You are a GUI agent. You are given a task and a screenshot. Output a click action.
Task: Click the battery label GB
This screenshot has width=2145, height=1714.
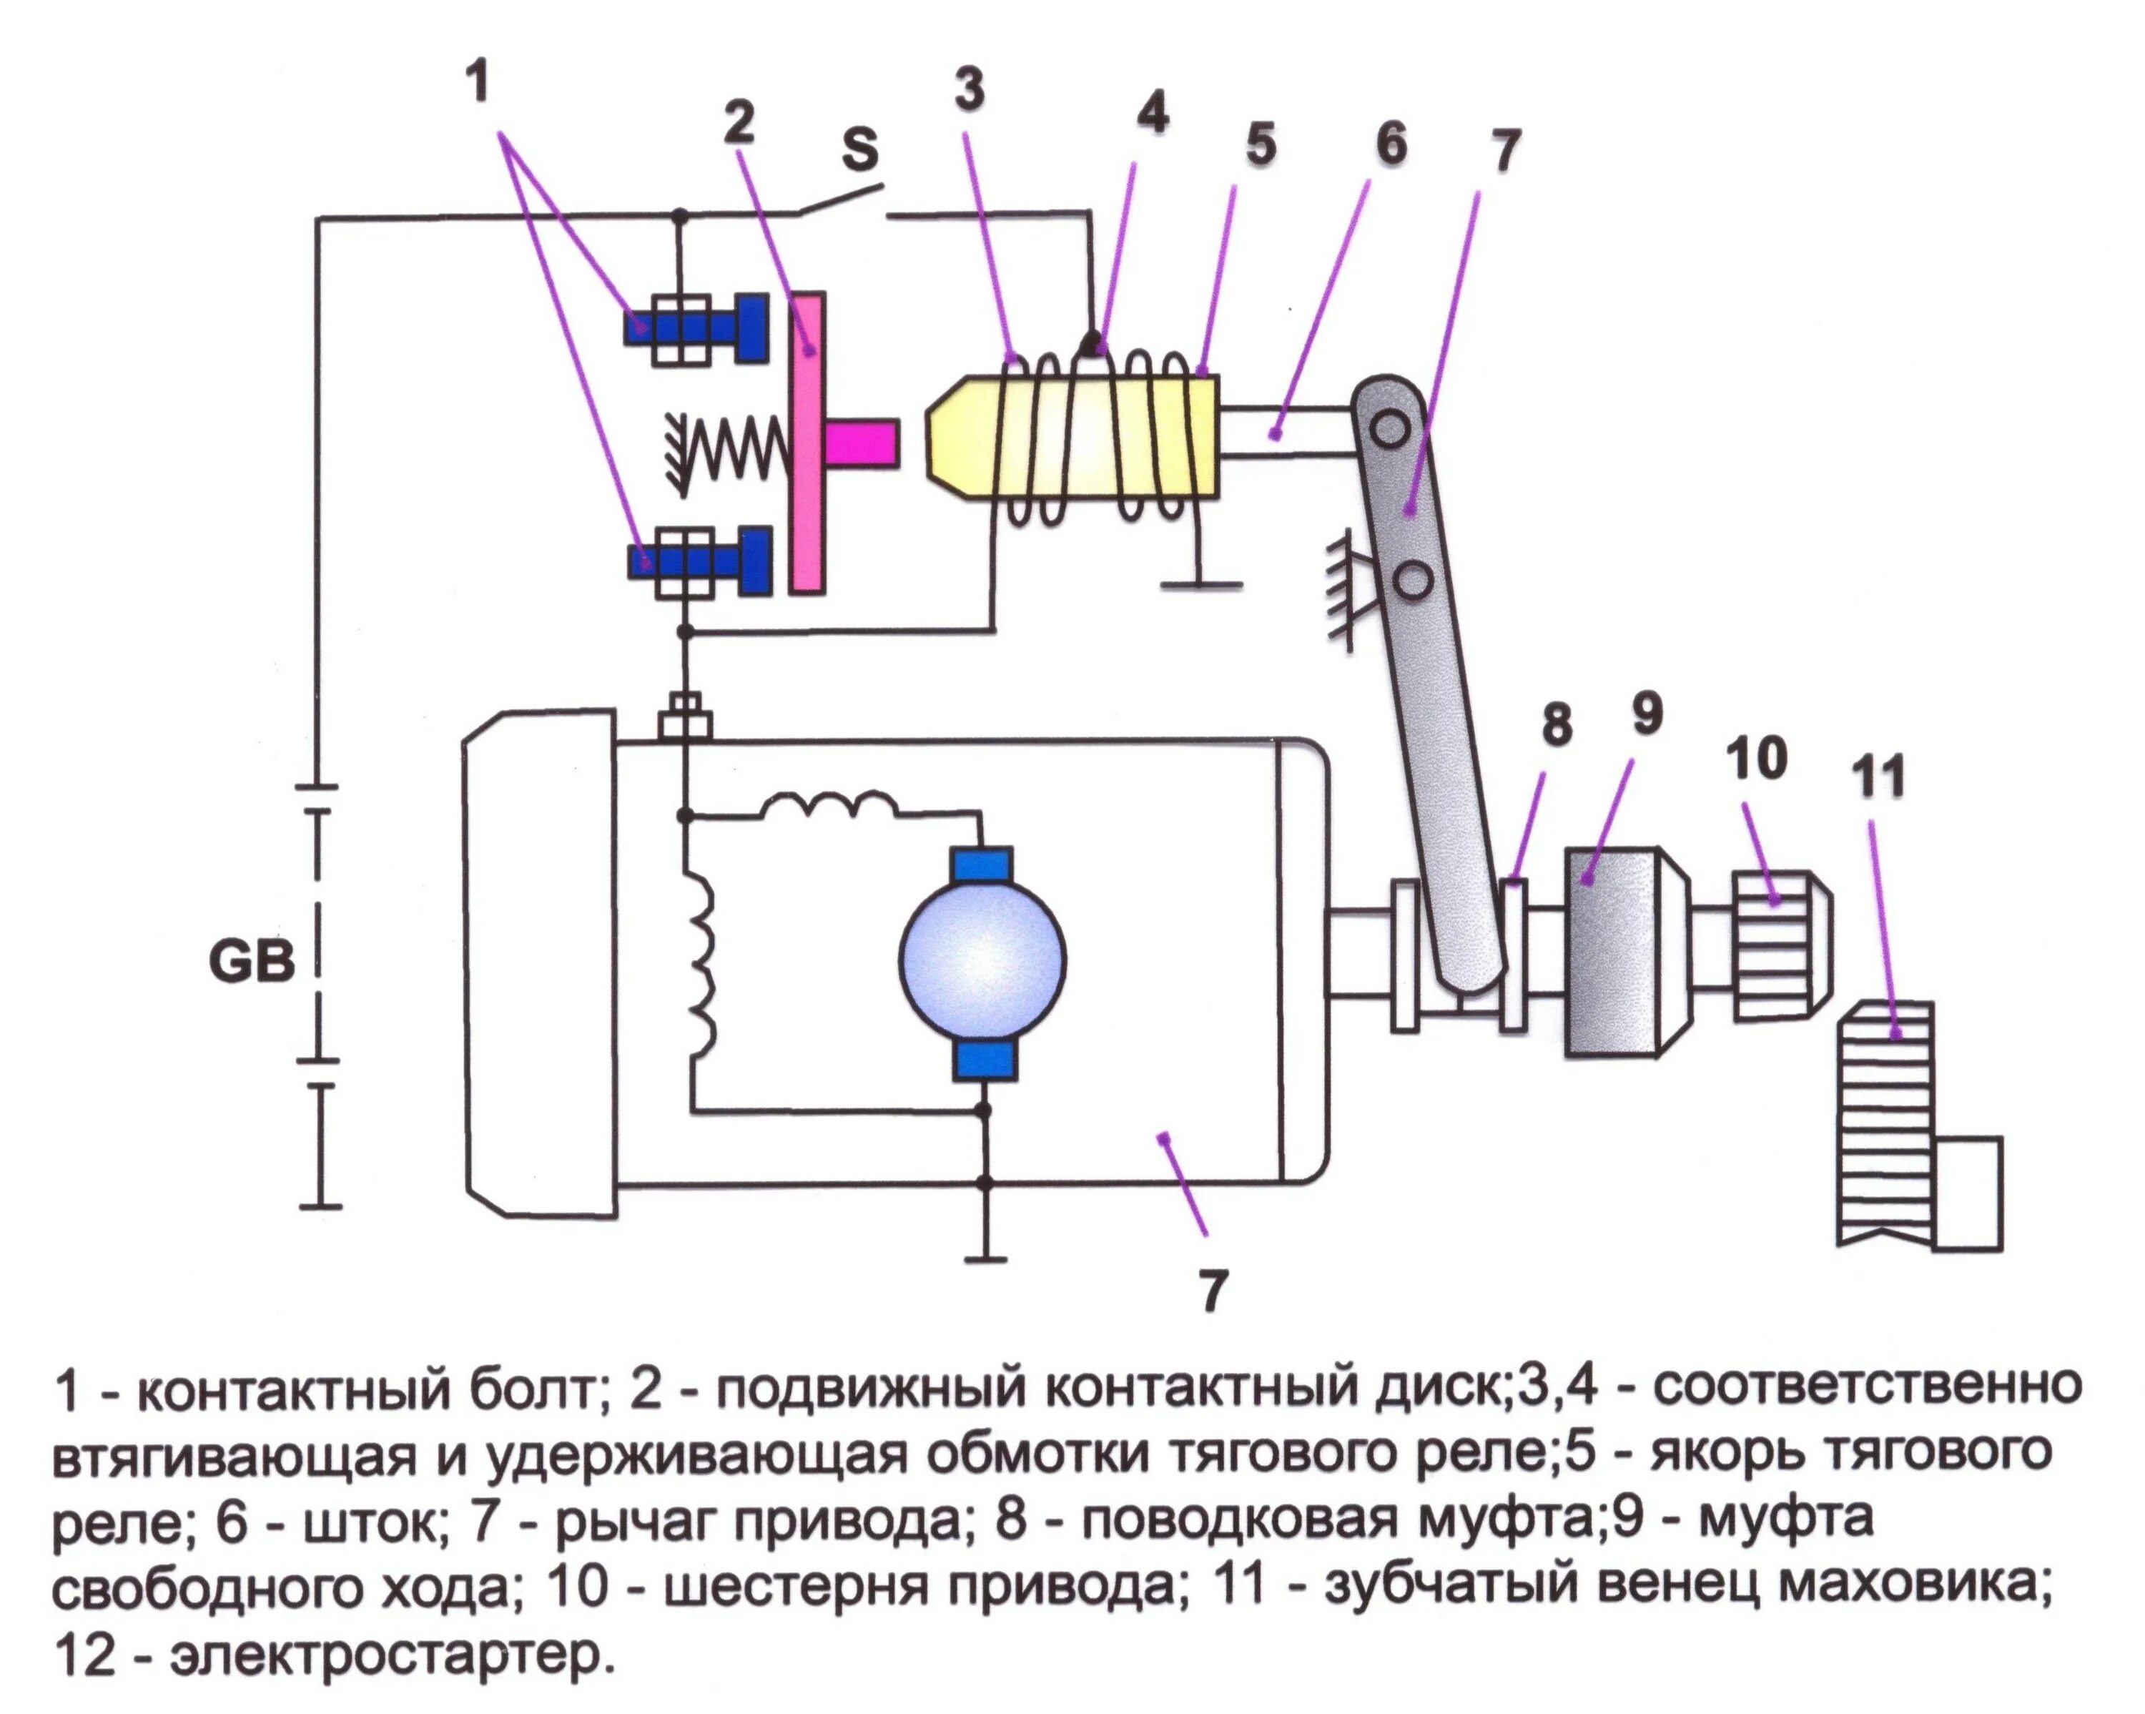coord(252,962)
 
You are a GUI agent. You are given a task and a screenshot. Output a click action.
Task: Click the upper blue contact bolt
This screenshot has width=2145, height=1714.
coord(696,327)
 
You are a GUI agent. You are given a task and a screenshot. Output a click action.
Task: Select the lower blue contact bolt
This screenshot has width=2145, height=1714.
coord(699,561)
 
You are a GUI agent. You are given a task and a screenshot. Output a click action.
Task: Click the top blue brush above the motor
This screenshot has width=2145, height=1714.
coord(982,865)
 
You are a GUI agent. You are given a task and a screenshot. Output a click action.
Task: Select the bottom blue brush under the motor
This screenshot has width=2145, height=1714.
coord(984,1060)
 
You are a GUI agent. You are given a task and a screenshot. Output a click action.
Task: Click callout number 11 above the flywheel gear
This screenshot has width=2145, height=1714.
coord(1878,777)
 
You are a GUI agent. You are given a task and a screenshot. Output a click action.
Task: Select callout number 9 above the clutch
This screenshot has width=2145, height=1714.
coord(1647,713)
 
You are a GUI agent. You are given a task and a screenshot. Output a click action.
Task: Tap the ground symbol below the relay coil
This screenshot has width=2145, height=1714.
coord(1200,584)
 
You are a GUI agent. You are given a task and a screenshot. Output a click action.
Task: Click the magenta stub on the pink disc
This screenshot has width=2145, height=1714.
coord(862,443)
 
